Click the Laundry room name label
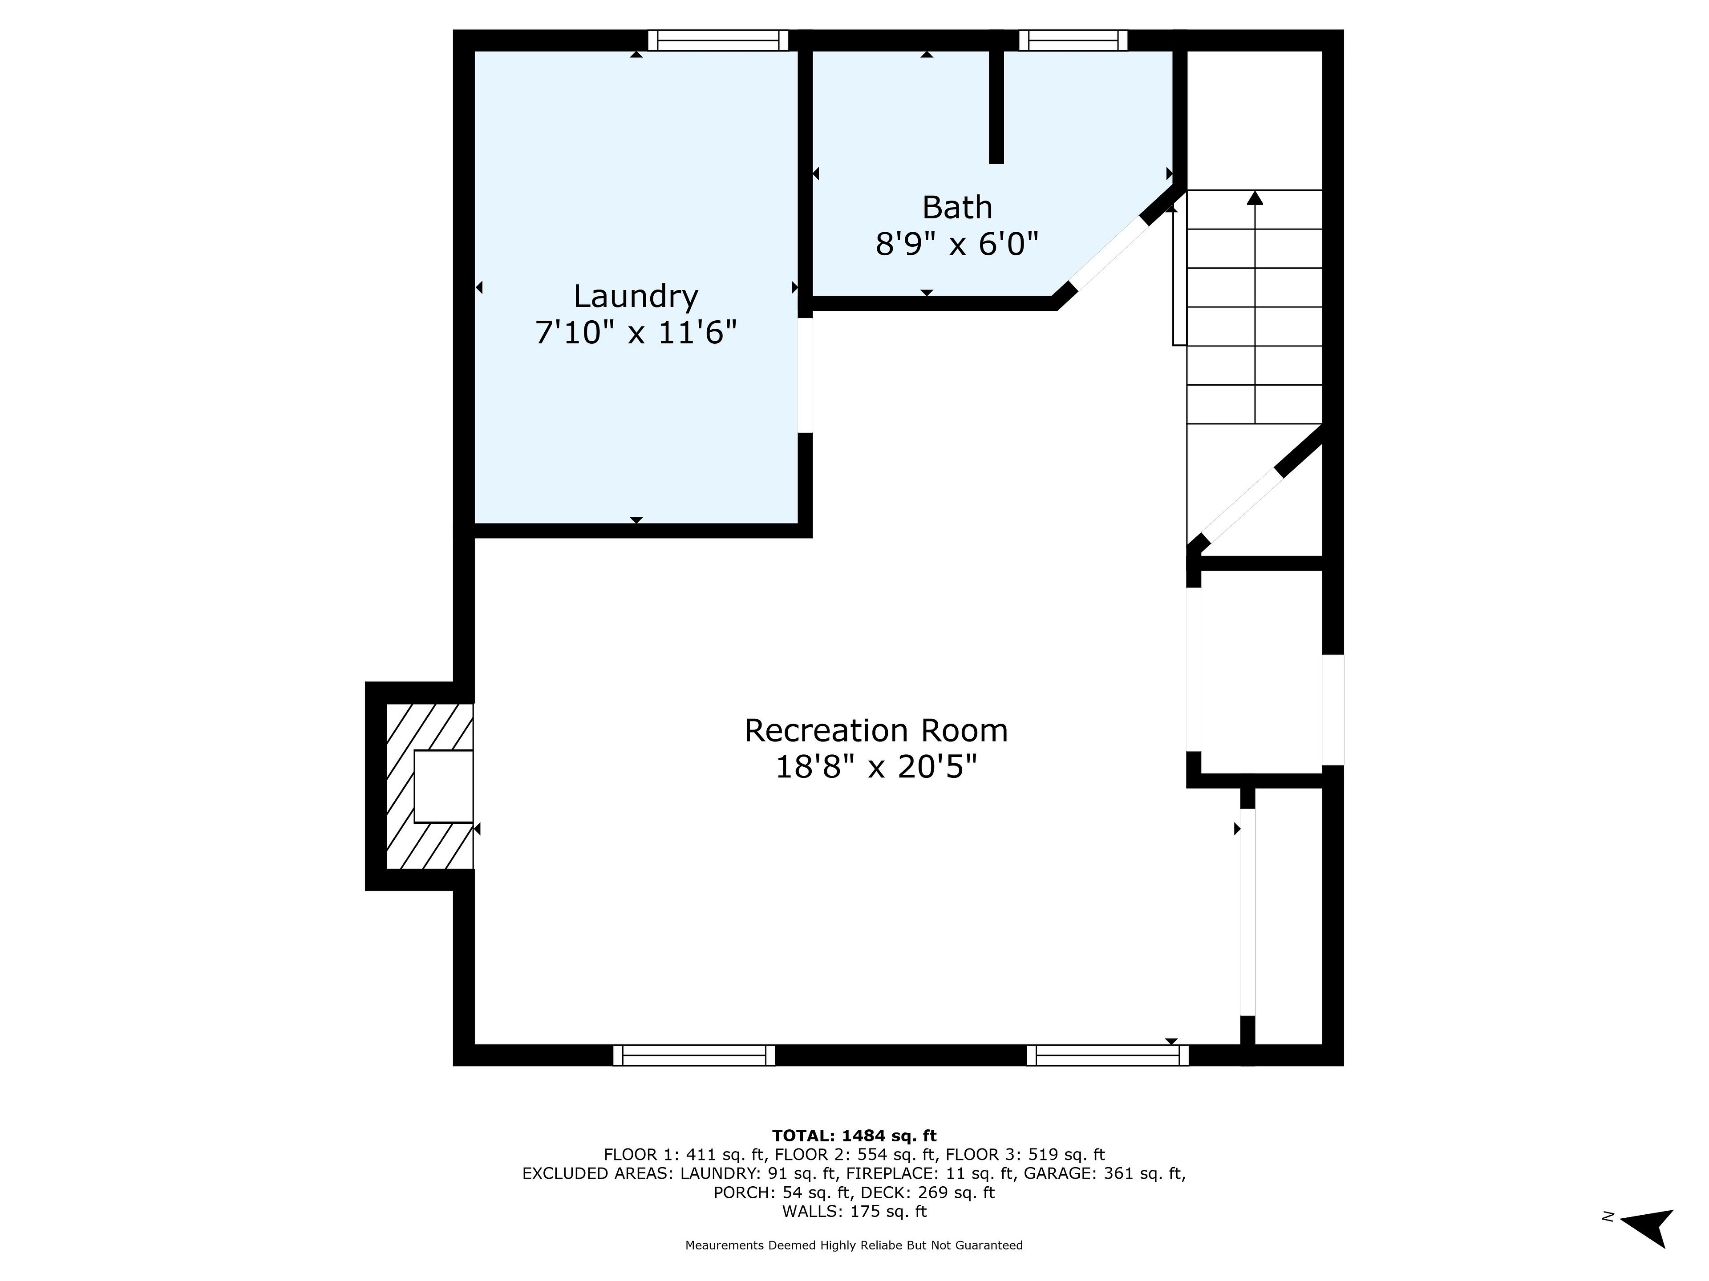(x=636, y=297)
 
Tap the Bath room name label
(x=957, y=208)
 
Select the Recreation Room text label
(x=876, y=730)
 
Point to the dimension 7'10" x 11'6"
(x=636, y=334)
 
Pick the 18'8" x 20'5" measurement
(x=876, y=768)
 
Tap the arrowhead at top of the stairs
(x=1255, y=197)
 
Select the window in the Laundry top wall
(x=718, y=40)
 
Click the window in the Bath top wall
(x=1073, y=40)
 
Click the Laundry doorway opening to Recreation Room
(x=805, y=375)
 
